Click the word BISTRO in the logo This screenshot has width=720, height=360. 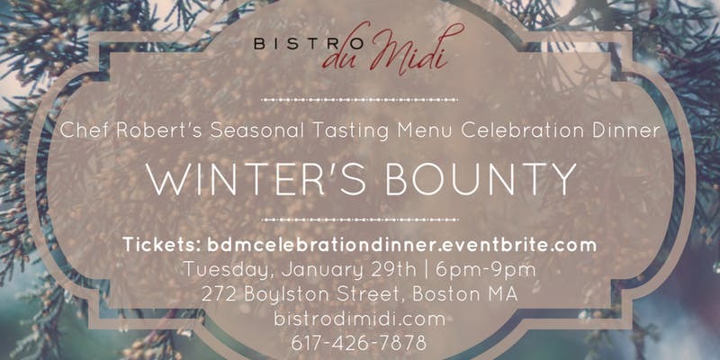coord(309,44)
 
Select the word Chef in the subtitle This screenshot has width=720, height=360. coord(84,130)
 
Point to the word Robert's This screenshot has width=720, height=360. coord(158,130)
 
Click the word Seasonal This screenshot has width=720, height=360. coord(256,130)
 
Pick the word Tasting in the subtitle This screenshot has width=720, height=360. coord(351,131)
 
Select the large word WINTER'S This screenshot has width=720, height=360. coord(257,178)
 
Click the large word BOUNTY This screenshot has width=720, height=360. coord(481,178)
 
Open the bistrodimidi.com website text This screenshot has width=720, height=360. coord(359,319)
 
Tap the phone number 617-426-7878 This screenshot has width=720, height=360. coord(359,343)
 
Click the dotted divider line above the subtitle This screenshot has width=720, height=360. coord(359,99)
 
